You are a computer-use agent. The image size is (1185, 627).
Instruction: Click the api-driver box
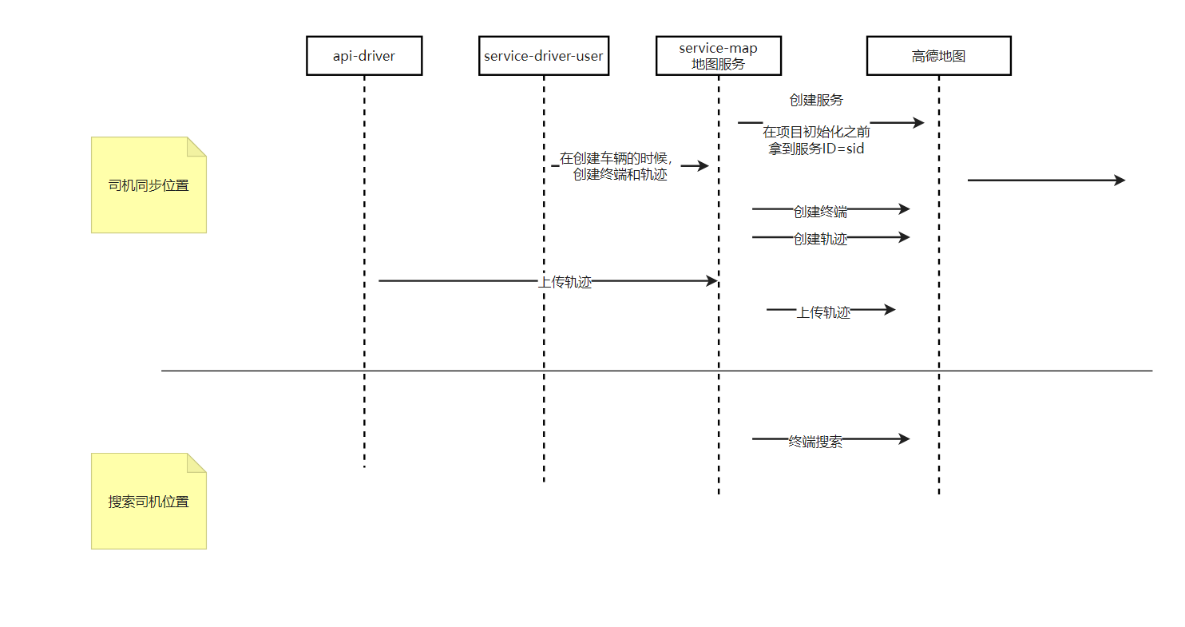point(364,56)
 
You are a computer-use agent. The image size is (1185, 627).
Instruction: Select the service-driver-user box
point(544,56)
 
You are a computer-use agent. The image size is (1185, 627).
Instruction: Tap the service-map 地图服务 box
point(718,56)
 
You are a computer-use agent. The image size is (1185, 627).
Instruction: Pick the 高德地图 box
point(938,56)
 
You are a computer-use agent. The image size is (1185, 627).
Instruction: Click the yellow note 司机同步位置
point(149,185)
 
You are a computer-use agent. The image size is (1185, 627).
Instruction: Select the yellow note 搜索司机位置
point(149,502)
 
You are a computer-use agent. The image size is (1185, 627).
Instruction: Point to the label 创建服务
point(816,101)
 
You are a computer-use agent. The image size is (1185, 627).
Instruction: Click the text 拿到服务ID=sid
point(816,149)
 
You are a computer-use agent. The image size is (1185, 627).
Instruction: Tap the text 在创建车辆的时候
point(616,158)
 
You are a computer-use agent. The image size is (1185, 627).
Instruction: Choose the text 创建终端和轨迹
point(620,175)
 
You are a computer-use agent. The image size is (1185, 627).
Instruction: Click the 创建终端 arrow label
point(820,212)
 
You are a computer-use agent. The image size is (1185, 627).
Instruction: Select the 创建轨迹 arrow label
point(820,239)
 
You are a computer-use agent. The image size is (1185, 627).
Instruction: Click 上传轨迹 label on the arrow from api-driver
point(565,282)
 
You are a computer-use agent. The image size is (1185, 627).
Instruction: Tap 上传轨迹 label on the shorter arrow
point(823,312)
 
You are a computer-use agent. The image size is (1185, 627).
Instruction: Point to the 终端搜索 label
point(815,442)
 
